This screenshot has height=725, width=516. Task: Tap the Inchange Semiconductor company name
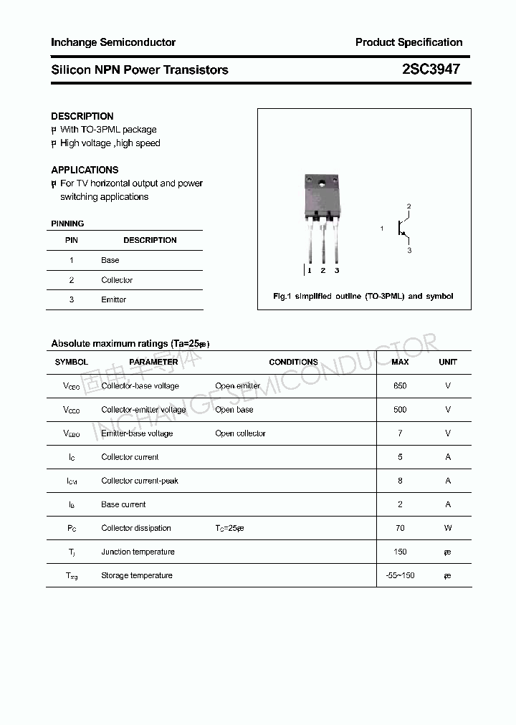tap(113, 42)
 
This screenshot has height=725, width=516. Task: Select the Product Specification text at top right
tap(408, 42)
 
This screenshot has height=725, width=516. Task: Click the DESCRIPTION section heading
tap(82, 116)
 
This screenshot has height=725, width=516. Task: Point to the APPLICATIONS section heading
tap(85, 170)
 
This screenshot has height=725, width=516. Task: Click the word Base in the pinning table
tap(110, 260)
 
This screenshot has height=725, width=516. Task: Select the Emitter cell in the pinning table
tap(113, 299)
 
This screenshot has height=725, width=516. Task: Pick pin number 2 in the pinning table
tap(72, 280)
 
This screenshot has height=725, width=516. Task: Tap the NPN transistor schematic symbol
tap(403, 229)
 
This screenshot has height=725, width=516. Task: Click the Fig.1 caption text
tap(363, 296)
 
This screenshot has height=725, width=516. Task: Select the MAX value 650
tap(400, 386)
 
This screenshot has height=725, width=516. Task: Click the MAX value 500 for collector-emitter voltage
tap(400, 410)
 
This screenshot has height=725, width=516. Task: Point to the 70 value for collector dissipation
tap(400, 528)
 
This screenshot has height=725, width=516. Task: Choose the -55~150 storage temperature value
tap(400, 575)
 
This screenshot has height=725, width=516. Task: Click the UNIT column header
tap(448, 362)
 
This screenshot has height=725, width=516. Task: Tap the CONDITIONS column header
tap(293, 362)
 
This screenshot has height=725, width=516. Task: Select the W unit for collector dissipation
tap(448, 528)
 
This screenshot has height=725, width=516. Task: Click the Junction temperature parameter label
tap(138, 552)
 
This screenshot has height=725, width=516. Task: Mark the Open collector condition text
tap(240, 433)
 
